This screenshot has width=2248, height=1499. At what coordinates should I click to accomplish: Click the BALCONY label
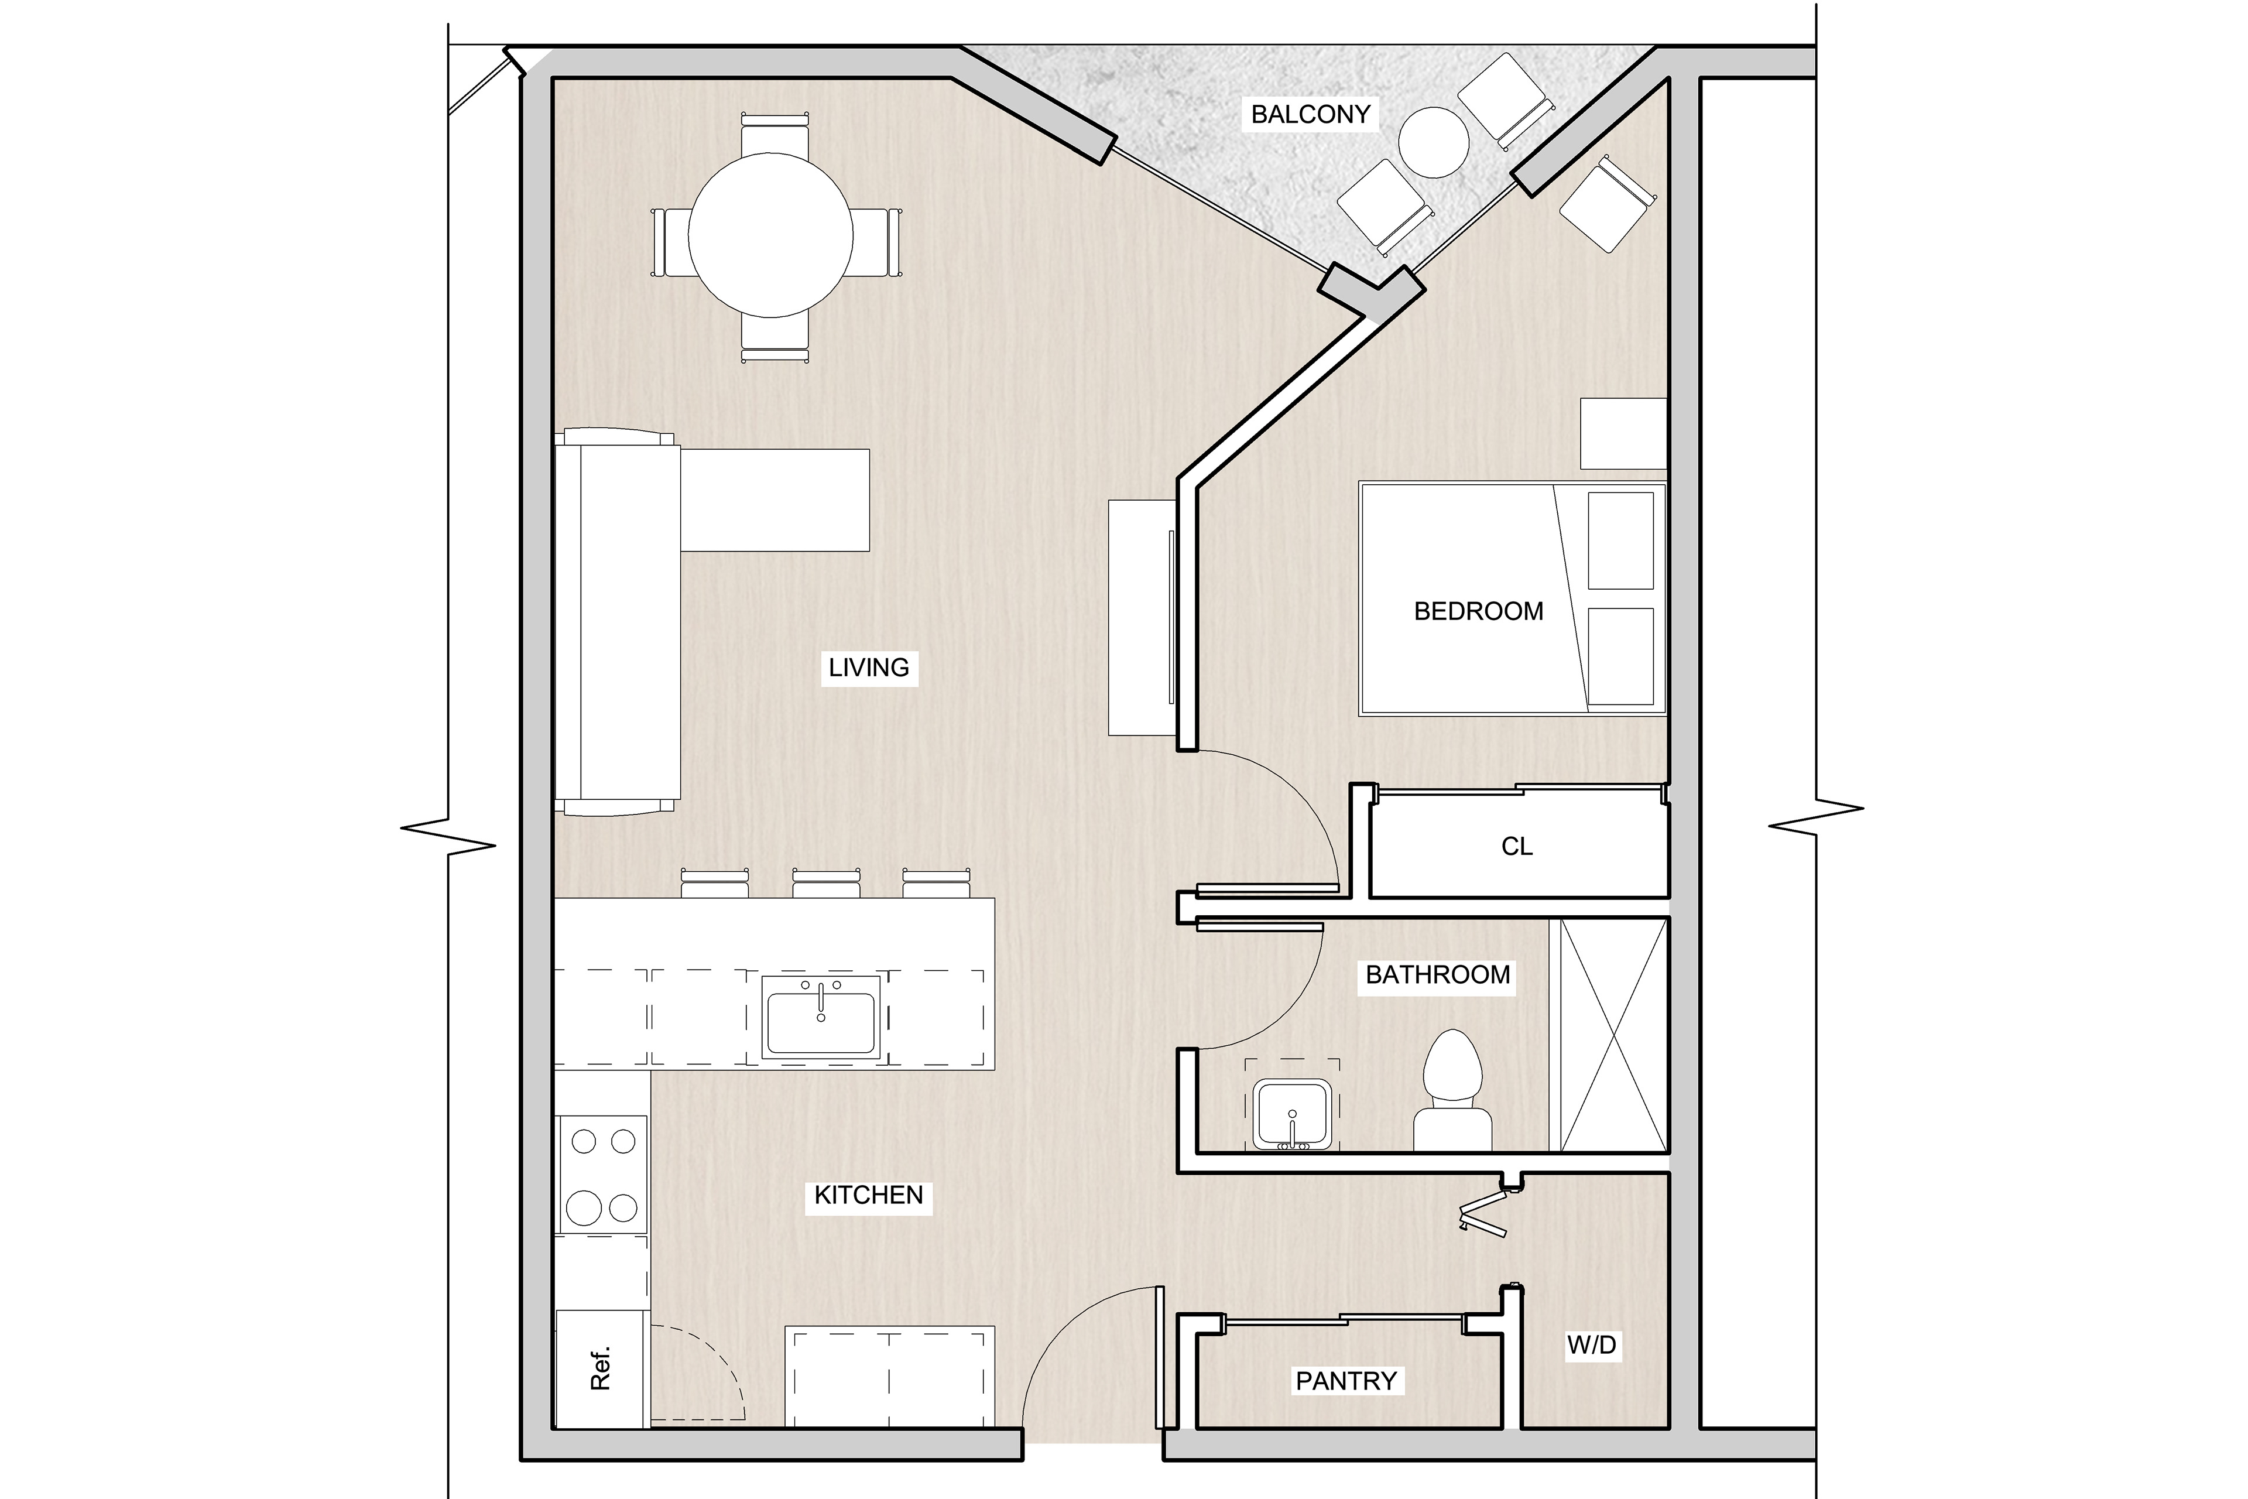pyautogui.click(x=1310, y=115)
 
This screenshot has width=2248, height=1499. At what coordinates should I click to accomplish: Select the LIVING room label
pyautogui.click(x=869, y=668)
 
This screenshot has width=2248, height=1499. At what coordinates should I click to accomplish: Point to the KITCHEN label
pyautogui.click(x=869, y=1195)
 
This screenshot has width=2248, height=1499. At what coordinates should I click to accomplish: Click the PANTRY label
pyautogui.click(x=1346, y=1381)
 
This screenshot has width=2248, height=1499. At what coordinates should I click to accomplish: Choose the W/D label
pyautogui.click(x=1591, y=1345)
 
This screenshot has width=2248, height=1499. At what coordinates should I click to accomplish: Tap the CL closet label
pyautogui.click(x=1517, y=846)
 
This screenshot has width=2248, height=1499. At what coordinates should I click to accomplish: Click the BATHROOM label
pyautogui.click(x=1438, y=974)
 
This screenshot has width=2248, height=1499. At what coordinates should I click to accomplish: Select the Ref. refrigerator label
pyautogui.click(x=600, y=1369)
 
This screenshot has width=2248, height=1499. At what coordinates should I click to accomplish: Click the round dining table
pyautogui.click(x=770, y=235)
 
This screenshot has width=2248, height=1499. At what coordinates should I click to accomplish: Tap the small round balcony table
pyautogui.click(x=1434, y=142)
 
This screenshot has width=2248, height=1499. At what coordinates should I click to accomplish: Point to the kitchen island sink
pyautogui.click(x=821, y=1018)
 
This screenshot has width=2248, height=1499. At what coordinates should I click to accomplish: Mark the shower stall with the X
pyautogui.click(x=1615, y=1035)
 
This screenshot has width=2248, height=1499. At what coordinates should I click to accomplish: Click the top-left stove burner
pyautogui.click(x=583, y=1141)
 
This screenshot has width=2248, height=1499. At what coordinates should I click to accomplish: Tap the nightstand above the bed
pyautogui.click(x=1624, y=434)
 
